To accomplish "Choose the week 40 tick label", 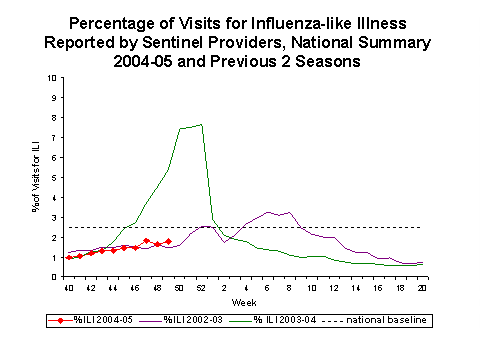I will tap(68, 288).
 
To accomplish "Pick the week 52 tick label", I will tap(201, 288).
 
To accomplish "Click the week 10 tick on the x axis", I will tap(311, 288).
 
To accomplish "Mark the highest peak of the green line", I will tap(201, 125).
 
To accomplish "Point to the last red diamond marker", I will tap(168, 241).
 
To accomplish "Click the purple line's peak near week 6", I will tap(267, 212).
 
